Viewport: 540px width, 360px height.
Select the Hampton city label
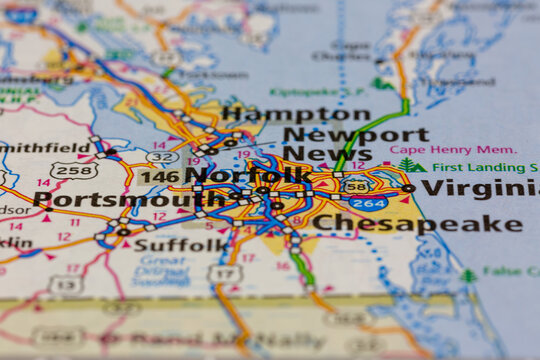pos(296,114)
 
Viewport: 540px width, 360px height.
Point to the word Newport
pos(355,134)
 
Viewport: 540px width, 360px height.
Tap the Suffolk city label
pos(181,244)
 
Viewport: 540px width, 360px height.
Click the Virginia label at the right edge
pos(479,188)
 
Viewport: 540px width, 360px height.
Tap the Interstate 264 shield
pos(368,203)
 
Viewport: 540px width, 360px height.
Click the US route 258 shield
pos(74,171)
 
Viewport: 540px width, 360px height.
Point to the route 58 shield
pos(356,185)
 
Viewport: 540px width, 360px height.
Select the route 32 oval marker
pos(162,157)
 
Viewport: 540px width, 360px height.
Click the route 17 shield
pos(225,273)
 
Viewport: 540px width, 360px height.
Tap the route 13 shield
pos(66,285)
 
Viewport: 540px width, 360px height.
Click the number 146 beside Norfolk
pos(158,177)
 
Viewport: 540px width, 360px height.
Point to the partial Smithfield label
pos(45,147)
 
